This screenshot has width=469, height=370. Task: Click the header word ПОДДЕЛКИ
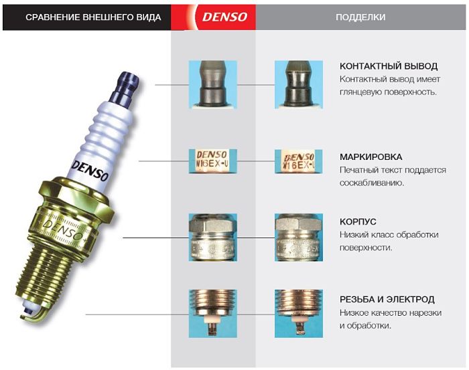click(x=360, y=17)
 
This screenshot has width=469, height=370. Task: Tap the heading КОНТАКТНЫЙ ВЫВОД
click(x=389, y=66)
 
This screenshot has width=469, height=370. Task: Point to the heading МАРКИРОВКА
click(x=371, y=157)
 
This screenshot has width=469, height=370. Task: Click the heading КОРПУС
click(x=358, y=221)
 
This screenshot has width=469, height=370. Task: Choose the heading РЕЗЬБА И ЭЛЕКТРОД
click(x=387, y=299)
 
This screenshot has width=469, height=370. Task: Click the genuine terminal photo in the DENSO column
click(x=213, y=85)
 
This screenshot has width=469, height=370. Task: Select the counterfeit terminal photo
click(x=299, y=85)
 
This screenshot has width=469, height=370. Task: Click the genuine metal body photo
click(x=213, y=238)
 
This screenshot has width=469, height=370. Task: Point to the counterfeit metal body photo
click(x=299, y=238)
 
